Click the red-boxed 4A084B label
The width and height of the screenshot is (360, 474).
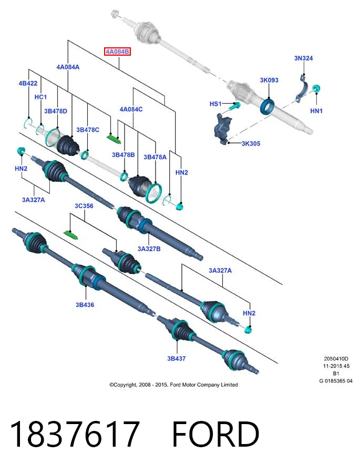click(117, 51)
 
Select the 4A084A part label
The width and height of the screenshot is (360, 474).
click(68, 67)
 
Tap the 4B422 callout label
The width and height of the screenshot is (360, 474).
click(28, 84)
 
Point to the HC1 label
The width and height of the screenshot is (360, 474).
click(40, 97)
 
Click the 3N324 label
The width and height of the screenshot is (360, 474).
click(303, 58)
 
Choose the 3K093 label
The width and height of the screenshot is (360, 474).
click(269, 80)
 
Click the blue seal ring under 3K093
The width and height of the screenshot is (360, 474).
click(267, 106)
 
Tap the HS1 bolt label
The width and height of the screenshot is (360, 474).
click(215, 104)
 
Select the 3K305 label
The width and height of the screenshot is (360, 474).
click(251, 143)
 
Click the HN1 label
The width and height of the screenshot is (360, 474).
click(316, 111)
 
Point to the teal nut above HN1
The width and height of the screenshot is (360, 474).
click(316, 89)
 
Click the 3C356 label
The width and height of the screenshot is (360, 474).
click(84, 206)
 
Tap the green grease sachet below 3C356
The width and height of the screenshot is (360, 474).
click(71, 234)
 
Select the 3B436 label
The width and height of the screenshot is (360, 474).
click(85, 305)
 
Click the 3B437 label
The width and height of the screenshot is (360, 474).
click(177, 358)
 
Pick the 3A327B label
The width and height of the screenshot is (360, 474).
click(149, 249)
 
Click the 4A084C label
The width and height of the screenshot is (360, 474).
click(131, 109)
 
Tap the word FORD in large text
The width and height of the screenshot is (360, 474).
click(215, 435)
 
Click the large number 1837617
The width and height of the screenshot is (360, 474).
click(75, 435)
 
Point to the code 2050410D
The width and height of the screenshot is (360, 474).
click(336, 359)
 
